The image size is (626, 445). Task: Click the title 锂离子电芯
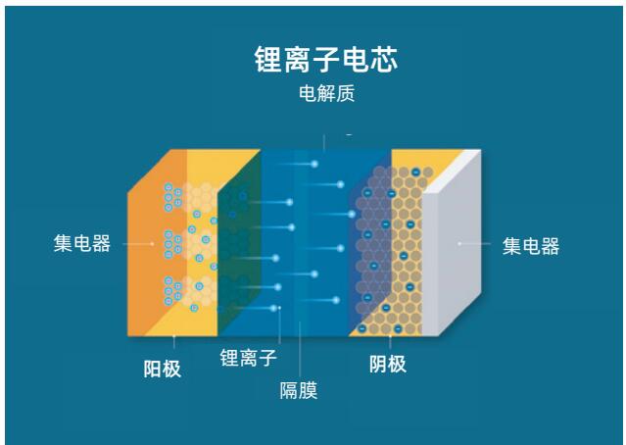pos(326,60)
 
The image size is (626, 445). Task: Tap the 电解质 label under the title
pos(326,93)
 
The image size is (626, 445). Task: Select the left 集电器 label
pos(82,243)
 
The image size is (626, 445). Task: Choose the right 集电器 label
pos(531,246)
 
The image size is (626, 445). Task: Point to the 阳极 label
pos(163,369)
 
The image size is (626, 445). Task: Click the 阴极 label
pos(388,364)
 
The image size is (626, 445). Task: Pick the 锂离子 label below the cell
pos(248,357)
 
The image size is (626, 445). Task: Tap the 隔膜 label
pos(299,390)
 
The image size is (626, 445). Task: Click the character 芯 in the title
pos(384,60)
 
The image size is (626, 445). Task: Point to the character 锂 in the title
pos(268,60)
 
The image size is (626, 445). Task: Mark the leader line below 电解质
pos(324,142)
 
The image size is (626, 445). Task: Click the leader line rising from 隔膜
pos(300,349)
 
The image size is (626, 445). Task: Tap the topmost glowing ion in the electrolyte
pos(314,164)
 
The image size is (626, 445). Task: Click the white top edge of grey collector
pos(452,171)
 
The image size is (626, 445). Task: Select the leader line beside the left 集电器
pos(138,243)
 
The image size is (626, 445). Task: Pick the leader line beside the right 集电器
pos(475,243)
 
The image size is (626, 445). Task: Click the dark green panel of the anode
pos(240,244)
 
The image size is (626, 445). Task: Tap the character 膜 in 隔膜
pos(309,390)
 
